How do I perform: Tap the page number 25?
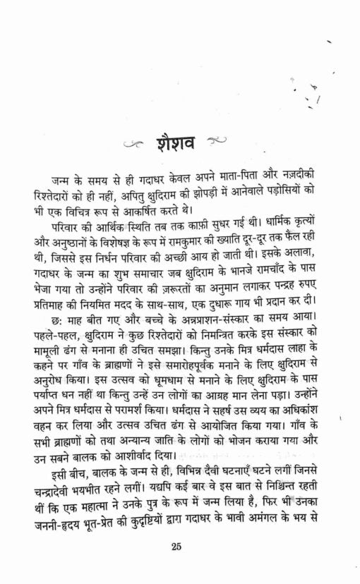[x=177, y=545]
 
